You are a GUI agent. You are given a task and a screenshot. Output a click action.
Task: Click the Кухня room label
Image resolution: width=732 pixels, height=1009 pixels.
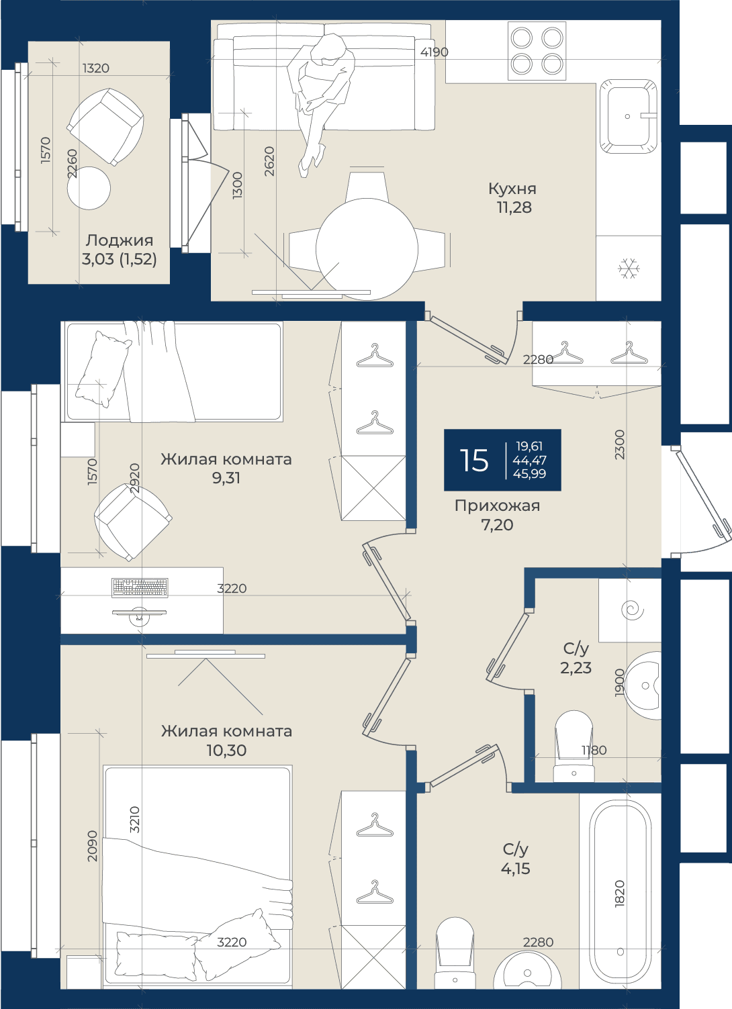pyautogui.click(x=512, y=189)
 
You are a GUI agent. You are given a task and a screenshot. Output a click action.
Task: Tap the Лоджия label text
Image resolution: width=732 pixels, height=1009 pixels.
pyautogui.click(x=120, y=240)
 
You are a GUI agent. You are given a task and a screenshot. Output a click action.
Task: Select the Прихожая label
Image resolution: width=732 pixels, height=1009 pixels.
pyautogui.click(x=497, y=506)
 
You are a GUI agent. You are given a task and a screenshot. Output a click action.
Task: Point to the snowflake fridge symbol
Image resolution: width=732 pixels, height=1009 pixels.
pyautogui.click(x=629, y=269)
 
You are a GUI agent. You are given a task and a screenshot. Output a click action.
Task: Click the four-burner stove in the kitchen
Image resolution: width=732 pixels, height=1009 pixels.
pyautogui.click(x=537, y=50)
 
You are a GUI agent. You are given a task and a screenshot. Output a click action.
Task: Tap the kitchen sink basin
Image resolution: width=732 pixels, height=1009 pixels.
pyautogui.click(x=629, y=116)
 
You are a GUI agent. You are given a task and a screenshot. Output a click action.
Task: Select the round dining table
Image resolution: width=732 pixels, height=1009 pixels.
pyautogui.click(x=367, y=248)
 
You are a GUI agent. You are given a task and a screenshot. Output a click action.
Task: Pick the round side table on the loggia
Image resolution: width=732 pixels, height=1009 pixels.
pyautogui.click(x=89, y=188)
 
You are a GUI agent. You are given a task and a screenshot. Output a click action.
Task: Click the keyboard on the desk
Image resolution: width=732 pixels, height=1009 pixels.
pyautogui.click(x=140, y=588)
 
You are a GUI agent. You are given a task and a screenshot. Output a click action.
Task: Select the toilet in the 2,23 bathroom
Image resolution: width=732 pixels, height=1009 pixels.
pyautogui.click(x=574, y=746)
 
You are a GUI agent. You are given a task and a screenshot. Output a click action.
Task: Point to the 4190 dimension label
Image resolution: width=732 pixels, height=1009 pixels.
pyautogui.click(x=434, y=52)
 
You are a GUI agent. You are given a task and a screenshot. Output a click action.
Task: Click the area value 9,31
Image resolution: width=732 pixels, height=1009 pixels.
pyautogui.click(x=226, y=479)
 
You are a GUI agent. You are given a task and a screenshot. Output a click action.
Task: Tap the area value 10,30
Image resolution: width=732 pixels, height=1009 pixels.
pyautogui.click(x=226, y=751)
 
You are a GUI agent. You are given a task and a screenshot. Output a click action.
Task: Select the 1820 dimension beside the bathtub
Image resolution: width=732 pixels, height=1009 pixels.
pyautogui.click(x=620, y=894)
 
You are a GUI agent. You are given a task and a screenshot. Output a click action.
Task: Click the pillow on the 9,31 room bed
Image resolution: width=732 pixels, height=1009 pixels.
pyautogui.click(x=102, y=369)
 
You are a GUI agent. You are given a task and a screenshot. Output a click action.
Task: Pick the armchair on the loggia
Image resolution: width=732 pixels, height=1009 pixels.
pyautogui.click(x=105, y=127)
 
